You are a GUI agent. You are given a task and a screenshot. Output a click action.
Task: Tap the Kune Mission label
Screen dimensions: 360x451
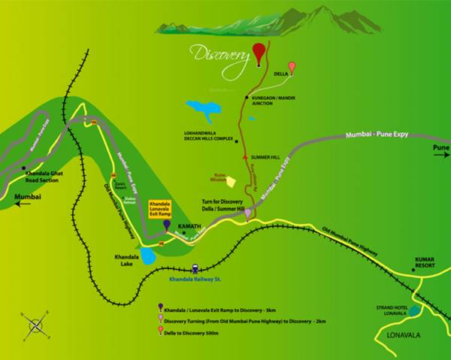click(216, 180)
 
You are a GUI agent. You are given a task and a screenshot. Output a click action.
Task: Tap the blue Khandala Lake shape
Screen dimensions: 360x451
click(148, 257)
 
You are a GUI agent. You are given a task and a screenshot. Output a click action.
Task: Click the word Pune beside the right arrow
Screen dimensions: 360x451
click(440, 148)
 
